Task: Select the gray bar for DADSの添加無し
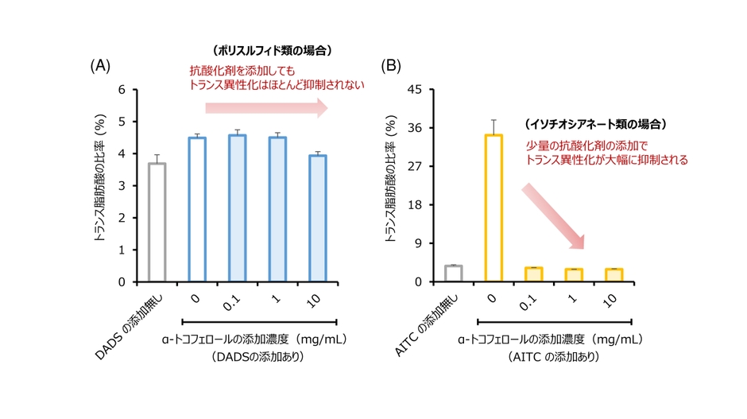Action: click(157, 222)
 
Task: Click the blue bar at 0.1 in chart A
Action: click(238, 208)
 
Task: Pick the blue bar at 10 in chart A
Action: click(318, 218)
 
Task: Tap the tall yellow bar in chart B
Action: click(493, 208)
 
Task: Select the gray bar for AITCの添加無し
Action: click(453, 274)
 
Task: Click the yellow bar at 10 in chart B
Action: click(614, 275)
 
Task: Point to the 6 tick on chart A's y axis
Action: click(122, 89)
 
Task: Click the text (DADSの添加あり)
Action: click(259, 358)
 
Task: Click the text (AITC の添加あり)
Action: click(553, 358)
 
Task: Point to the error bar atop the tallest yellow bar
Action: click(493, 126)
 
